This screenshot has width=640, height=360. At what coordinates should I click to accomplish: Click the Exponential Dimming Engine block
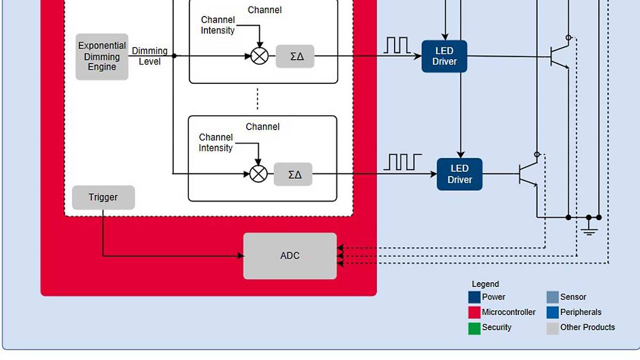pos(102,57)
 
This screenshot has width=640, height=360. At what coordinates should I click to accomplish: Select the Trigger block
pos(103,197)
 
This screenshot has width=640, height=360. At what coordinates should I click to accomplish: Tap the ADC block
pos(290,256)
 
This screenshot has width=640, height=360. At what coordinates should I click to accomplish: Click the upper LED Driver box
pos(444,56)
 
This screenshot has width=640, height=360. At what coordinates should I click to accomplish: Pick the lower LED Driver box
pos(459,174)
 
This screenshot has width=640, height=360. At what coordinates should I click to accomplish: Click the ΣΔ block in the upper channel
pos(295,56)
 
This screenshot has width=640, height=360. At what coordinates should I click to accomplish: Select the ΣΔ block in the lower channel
pos(293,174)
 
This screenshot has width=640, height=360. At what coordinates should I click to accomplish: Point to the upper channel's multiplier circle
pos(259,56)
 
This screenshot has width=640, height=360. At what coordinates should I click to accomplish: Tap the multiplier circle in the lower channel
pos(259,174)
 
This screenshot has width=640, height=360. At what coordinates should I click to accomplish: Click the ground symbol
pos(589,230)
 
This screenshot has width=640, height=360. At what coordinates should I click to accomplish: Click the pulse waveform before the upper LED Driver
pos(397,45)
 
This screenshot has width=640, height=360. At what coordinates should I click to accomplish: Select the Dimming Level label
pos(149,56)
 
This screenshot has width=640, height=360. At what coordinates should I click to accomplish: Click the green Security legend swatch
pos(474,328)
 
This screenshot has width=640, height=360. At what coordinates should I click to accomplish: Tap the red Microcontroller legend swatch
pos(474,313)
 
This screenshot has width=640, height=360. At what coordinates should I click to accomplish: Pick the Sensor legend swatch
pos(553,297)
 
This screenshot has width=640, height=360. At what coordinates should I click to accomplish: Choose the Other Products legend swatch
pos(553,328)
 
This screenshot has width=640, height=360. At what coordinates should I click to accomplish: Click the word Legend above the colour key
pos(485,284)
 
